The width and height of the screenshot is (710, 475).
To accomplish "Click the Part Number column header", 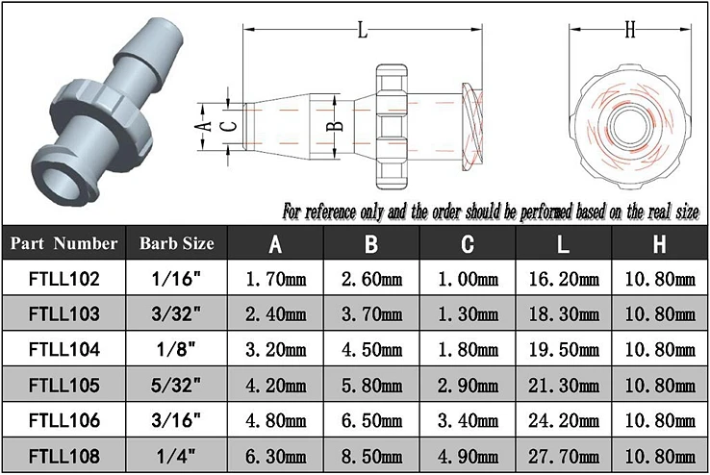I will (x=63, y=243).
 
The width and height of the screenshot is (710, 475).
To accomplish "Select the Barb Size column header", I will (x=177, y=243).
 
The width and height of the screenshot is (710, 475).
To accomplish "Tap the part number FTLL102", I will (x=63, y=280).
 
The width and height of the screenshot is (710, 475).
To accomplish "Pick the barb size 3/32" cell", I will (x=177, y=314).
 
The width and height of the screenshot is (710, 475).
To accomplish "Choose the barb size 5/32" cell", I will (x=177, y=385).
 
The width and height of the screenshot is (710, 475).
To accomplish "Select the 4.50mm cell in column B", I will (x=371, y=349).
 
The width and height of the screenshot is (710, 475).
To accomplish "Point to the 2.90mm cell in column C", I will (x=468, y=385).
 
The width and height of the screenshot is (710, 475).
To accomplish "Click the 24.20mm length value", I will (x=564, y=419).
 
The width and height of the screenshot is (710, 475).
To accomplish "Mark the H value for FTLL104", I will (x=660, y=349).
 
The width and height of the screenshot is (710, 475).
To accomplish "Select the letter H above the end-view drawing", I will (x=630, y=30).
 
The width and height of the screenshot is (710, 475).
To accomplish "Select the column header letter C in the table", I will (x=468, y=243).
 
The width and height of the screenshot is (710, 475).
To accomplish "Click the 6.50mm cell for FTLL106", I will (x=371, y=419).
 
